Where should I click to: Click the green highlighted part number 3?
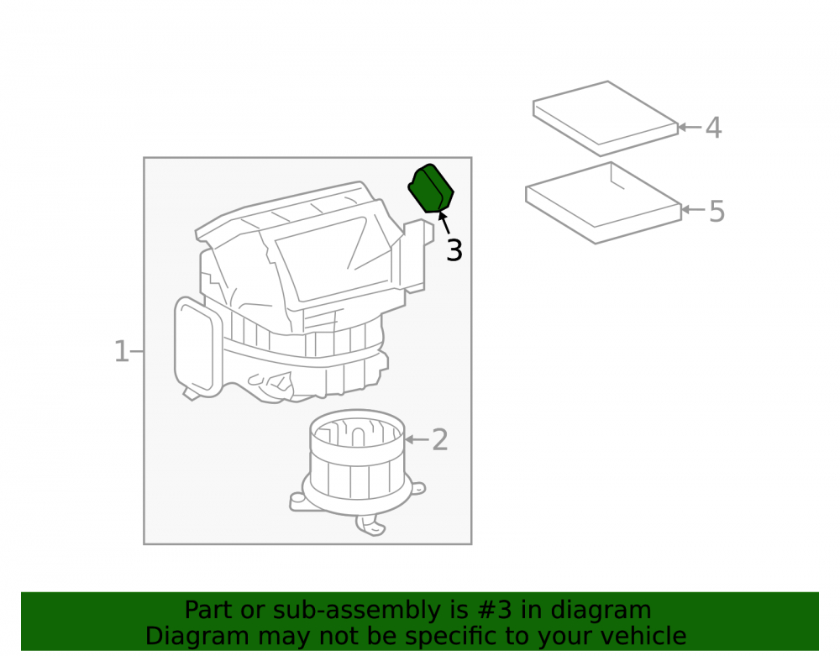click(x=431, y=189)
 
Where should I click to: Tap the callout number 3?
click(x=454, y=250)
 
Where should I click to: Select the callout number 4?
click(x=713, y=128)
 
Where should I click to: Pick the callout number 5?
click(x=717, y=211)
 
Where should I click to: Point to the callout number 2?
click(x=440, y=439)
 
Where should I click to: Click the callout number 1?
click(x=122, y=352)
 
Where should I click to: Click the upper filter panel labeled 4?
click(x=606, y=118)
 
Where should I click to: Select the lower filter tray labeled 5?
click(x=603, y=203)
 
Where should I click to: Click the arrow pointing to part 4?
click(x=690, y=128)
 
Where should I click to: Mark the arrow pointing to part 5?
click(x=693, y=209)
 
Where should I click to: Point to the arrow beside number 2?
click(x=417, y=439)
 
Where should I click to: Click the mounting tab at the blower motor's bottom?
click(x=370, y=525)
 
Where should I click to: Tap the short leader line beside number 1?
click(x=137, y=352)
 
